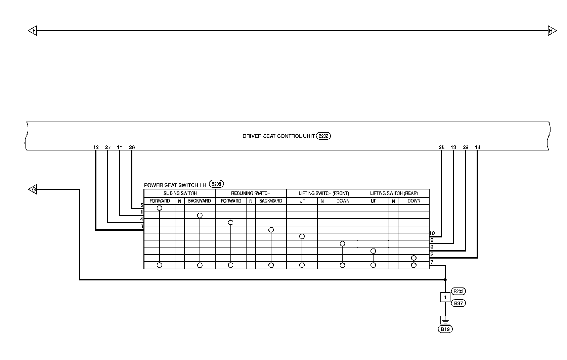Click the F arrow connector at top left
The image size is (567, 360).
pyautogui.click(x=33, y=31)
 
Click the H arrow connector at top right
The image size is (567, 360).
pyautogui.click(x=552, y=31)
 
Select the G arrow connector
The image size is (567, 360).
pyautogui.click(x=33, y=190)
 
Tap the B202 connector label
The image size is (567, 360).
pyautogui.click(x=323, y=136)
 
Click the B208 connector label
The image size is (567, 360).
pyautogui.click(x=216, y=184)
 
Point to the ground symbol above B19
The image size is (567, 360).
pyautogui.click(x=445, y=320)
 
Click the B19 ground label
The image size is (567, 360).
pyautogui.click(x=445, y=329)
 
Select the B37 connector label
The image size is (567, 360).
pyautogui.click(x=458, y=303)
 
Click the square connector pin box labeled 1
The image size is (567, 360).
pyautogui.click(x=445, y=297)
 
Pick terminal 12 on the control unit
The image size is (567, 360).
pyautogui.click(x=96, y=147)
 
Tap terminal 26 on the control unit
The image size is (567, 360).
pyautogui.click(x=132, y=147)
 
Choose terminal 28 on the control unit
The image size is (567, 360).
pyautogui.click(x=441, y=147)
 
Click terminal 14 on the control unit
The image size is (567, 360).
pyautogui.click(x=477, y=147)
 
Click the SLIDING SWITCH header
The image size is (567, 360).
pyautogui.click(x=180, y=193)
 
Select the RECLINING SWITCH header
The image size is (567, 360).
pyautogui.click(x=251, y=193)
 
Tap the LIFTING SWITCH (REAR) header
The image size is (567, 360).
pyautogui.click(x=394, y=193)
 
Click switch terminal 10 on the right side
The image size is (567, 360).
pyautogui.click(x=432, y=233)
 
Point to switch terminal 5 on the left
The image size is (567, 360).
pyautogui.click(x=142, y=205)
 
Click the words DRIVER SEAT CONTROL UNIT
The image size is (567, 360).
pyautogui.click(x=278, y=136)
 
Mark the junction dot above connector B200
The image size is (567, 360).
pyautogui.click(x=445, y=279)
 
